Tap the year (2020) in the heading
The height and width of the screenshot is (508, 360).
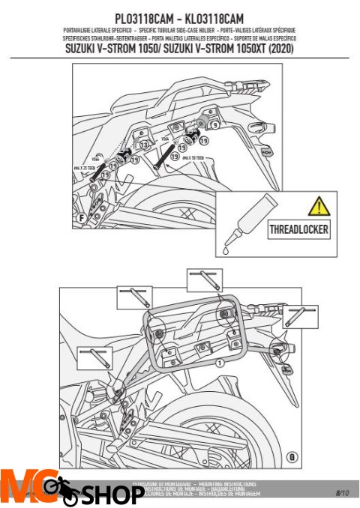click(280, 49)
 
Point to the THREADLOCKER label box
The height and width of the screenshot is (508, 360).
click(298, 229)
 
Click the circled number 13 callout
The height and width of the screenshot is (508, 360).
click(142, 143)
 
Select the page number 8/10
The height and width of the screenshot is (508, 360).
click(342, 492)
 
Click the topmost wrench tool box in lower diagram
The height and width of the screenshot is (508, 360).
click(203, 280)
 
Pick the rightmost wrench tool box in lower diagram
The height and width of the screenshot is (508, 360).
click(302, 315)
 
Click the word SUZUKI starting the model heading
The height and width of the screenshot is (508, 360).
click(86, 49)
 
